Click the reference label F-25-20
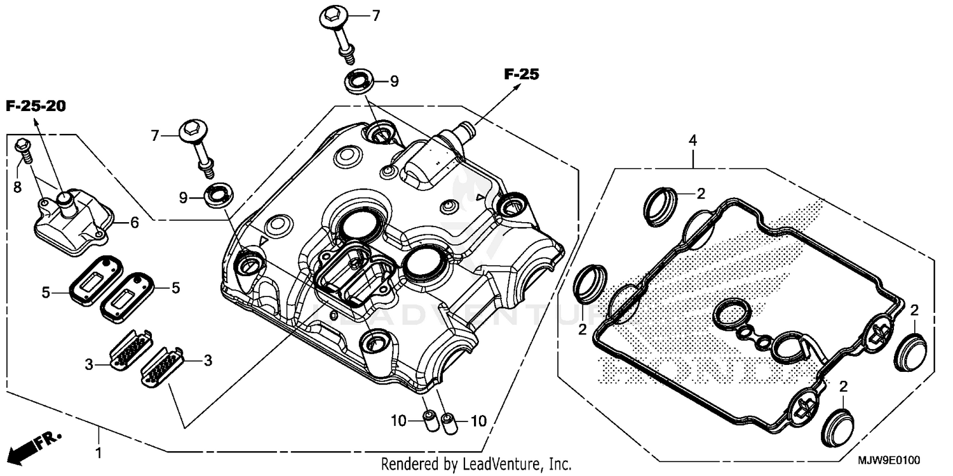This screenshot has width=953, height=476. [x=36, y=107]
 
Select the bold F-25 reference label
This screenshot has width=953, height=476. [x=521, y=74]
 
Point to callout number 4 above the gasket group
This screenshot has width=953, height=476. [x=694, y=139]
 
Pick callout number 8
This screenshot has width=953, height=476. [x=17, y=187]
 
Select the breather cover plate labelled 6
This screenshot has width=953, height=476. [x=70, y=219]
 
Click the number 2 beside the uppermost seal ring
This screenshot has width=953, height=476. [x=701, y=194]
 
